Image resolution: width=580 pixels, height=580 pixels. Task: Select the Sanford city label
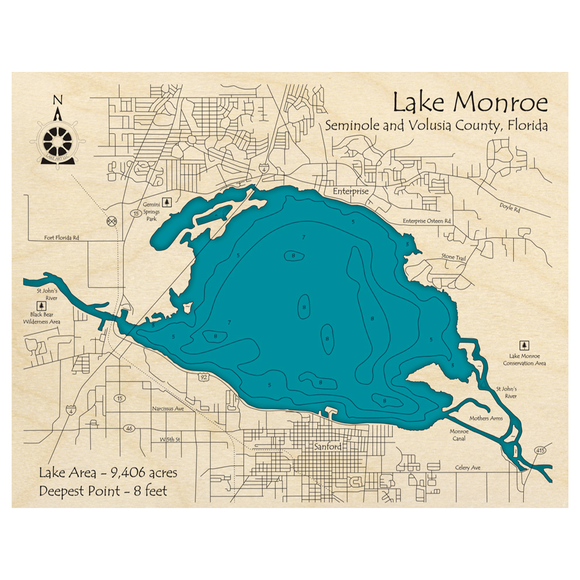point(327,447)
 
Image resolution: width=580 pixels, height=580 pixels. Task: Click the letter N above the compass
point(57,100)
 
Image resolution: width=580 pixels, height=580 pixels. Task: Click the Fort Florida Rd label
point(61,238)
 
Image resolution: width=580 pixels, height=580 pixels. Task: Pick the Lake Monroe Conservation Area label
point(527,359)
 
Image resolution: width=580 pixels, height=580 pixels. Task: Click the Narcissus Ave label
point(168,408)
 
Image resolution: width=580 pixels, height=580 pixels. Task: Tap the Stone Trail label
point(454,256)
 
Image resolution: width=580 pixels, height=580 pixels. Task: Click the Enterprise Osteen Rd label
point(427,222)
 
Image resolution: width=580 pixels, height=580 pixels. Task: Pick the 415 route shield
point(541,450)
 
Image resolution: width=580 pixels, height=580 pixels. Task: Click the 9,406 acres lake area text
point(108,473)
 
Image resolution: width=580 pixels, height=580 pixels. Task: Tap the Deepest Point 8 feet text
point(103,491)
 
